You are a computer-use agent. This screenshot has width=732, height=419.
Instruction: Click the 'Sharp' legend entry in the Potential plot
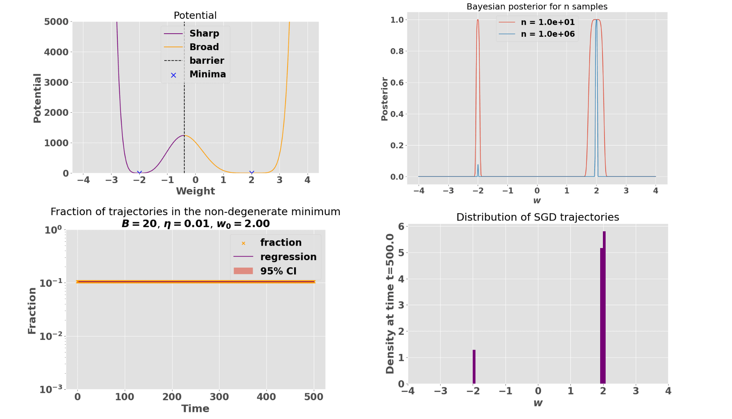click(x=204, y=34)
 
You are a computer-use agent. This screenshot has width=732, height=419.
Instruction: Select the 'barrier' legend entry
click(x=207, y=61)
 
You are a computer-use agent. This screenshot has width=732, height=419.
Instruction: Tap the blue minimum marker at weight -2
click(x=139, y=173)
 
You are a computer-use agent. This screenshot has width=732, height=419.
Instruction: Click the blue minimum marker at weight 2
click(x=252, y=173)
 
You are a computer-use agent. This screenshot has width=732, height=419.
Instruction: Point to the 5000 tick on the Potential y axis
click(x=56, y=22)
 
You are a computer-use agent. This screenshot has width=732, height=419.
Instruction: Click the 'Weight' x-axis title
click(x=195, y=191)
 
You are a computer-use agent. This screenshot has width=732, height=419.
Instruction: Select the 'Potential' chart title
click(x=195, y=15)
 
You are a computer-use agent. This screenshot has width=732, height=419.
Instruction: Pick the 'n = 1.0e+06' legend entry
click(x=547, y=34)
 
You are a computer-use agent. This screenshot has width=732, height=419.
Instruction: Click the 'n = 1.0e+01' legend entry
click(x=547, y=22)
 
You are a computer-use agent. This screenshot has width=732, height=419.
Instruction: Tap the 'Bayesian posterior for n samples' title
click(x=537, y=7)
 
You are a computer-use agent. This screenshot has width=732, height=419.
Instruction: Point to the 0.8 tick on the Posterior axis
click(x=397, y=51)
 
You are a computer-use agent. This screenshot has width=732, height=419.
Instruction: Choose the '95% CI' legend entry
click(x=278, y=271)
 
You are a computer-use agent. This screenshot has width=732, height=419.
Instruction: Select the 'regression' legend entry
click(x=288, y=257)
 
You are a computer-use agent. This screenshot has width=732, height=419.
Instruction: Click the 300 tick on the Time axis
click(x=219, y=397)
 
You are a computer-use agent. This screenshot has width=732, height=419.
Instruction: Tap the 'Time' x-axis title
click(x=195, y=408)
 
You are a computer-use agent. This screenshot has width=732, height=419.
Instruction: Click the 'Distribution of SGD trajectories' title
click(x=538, y=217)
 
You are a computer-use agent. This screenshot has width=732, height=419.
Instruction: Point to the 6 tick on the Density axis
click(x=401, y=227)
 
